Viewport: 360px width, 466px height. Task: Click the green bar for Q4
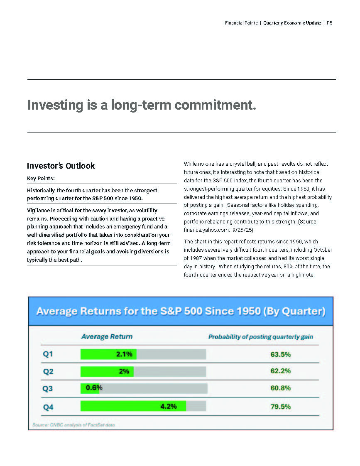pyautogui.click(x=133, y=406)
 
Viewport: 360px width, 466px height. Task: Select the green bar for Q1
pyautogui.click(x=108, y=354)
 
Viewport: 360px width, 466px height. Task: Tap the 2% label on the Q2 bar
pyautogui.click(x=124, y=371)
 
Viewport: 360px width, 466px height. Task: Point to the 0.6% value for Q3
pyautogui.click(x=94, y=388)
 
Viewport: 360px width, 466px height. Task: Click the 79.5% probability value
pyautogui.click(x=280, y=407)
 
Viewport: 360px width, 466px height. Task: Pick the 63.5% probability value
pyautogui.click(x=280, y=355)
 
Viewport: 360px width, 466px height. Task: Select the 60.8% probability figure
pyautogui.click(x=280, y=388)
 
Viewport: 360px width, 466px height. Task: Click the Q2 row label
pyautogui.click(x=48, y=372)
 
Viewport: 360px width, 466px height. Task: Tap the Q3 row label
pyautogui.click(x=48, y=389)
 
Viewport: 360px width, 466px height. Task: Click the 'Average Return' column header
pyautogui.click(x=107, y=336)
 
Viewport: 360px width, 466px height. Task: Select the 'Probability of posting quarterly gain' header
pyautogui.click(x=260, y=337)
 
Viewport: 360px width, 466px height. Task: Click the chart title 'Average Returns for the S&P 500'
pyautogui.click(x=181, y=311)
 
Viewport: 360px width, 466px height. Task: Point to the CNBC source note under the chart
pyautogui.click(x=73, y=425)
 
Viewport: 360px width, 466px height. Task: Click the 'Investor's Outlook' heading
pyautogui.click(x=61, y=166)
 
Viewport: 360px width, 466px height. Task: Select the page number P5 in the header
pyautogui.click(x=329, y=23)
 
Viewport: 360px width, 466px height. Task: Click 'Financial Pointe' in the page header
pyautogui.click(x=241, y=23)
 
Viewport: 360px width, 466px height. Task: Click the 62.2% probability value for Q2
pyautogui.click(x=280, y=371)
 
